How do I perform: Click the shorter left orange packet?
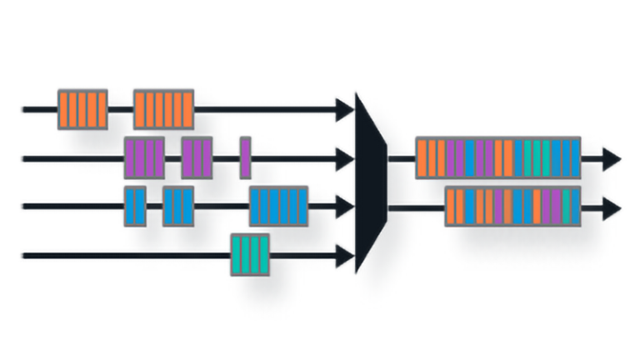(x=82, y=108)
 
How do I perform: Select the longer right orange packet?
(x=163, y=108)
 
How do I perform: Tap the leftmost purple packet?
(x=144, y=157)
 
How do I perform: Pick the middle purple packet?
(x=197, y=157)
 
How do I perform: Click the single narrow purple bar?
(x=245, y=157)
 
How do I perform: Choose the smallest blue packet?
(x=135, y=206)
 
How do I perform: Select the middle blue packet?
(x=177, y=206)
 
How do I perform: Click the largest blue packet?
(x=278, y=206)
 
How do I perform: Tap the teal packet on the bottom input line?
(x=250, y=255)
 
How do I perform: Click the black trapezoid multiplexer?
(x=371, y=182)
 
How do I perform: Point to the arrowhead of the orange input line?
(x=344, y=108)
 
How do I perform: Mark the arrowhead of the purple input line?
(x=344, y=157)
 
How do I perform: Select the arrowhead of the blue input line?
(x=344, y=206)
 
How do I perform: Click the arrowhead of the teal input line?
(x=344, y=255)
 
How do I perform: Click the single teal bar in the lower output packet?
(x=567, y=207)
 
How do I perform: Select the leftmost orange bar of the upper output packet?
(x=422, y=157)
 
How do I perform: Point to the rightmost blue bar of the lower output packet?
(x=576, y=207)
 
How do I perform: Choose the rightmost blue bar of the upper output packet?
(x=574, y=157)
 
